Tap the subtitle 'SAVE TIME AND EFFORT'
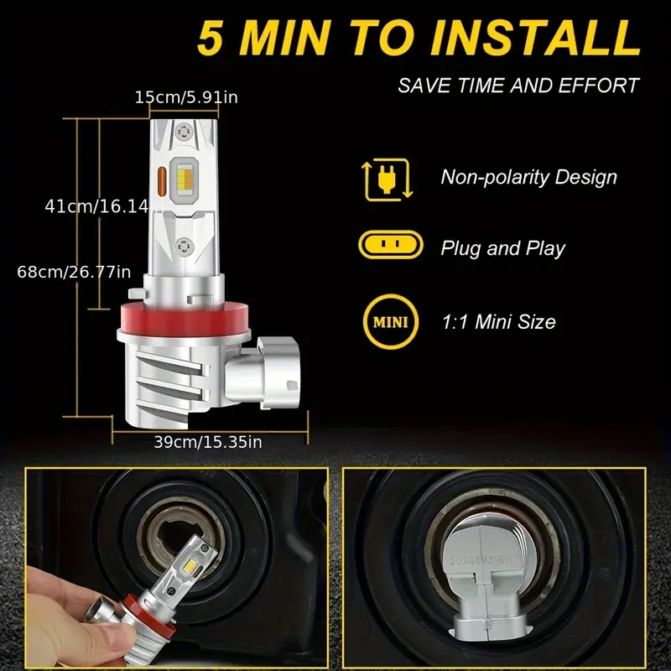518,86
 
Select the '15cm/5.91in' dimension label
186,98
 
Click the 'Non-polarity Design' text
528,177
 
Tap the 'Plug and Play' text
502,248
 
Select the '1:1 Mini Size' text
497,321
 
